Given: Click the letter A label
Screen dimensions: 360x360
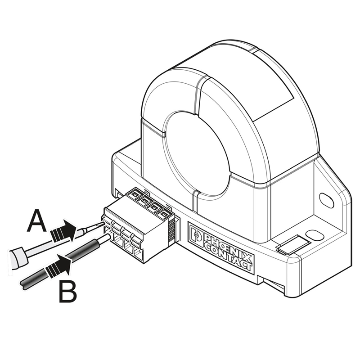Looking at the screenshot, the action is click(36, 220).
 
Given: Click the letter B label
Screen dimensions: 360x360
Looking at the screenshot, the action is click(68, 292).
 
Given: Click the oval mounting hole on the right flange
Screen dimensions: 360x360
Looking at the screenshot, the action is click(326, 200).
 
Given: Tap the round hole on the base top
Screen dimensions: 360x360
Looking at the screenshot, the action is click(315, 235).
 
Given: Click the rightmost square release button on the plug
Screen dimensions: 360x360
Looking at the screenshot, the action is click(163, 214).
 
